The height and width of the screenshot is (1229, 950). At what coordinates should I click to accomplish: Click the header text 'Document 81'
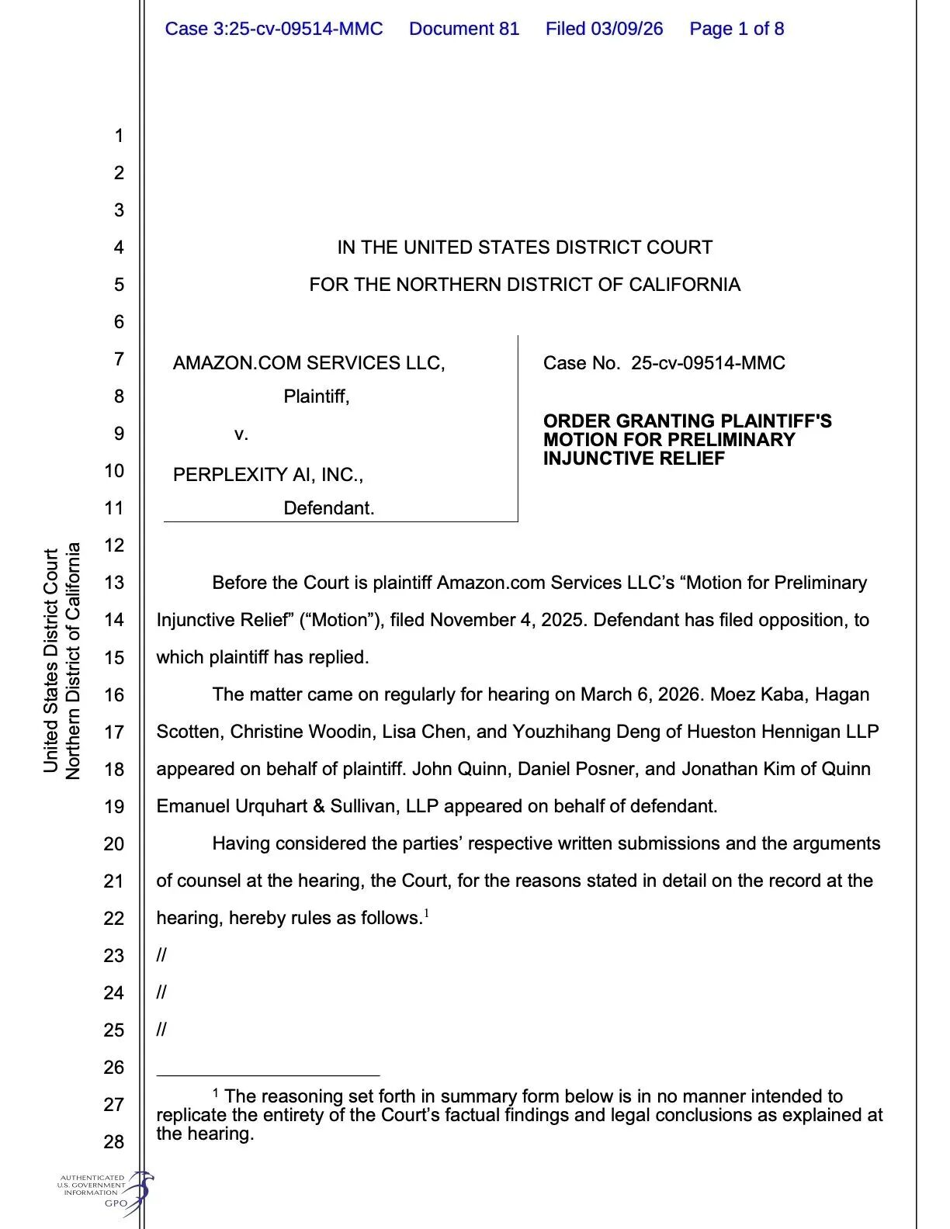click(463, 29)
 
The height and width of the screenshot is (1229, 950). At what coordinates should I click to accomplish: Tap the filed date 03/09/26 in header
click(627, 29)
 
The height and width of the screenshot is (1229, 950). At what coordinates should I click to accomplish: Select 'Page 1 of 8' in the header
click(737, 29)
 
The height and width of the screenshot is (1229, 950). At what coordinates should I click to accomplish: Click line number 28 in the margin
click(114, 1141)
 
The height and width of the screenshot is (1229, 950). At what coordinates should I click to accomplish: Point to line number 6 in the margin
click(119, 321)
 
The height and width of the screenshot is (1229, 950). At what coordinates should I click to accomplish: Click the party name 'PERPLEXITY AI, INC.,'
click(268, 474)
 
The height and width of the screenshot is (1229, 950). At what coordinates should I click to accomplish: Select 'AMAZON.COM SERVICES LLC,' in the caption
click(309, 362)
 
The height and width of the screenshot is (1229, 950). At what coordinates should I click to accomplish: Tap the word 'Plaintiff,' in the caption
click(317, 396)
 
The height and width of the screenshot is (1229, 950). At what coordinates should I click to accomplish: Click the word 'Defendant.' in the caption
click(329, 508)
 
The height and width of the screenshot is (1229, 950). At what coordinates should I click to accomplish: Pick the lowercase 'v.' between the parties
click(241, 434)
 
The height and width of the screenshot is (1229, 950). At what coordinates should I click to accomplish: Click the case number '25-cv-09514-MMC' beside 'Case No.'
click(708, 362)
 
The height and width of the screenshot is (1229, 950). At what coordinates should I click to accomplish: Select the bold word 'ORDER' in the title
click(576, 421)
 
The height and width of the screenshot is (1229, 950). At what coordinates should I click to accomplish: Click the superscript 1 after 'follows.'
click(427, 913)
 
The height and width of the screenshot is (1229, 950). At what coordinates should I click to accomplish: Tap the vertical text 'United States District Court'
click(51, 661)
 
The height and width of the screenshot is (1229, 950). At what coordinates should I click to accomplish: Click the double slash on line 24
click(161, 992)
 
